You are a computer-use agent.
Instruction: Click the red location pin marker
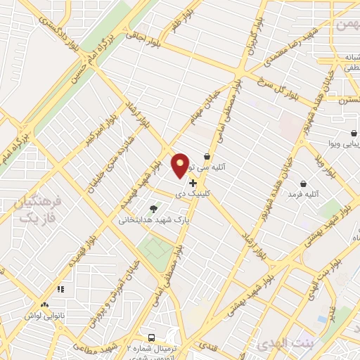180,166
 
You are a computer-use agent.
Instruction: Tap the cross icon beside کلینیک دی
193,183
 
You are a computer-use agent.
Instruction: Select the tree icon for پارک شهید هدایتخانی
153,208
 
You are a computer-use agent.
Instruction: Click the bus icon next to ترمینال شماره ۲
152,337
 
